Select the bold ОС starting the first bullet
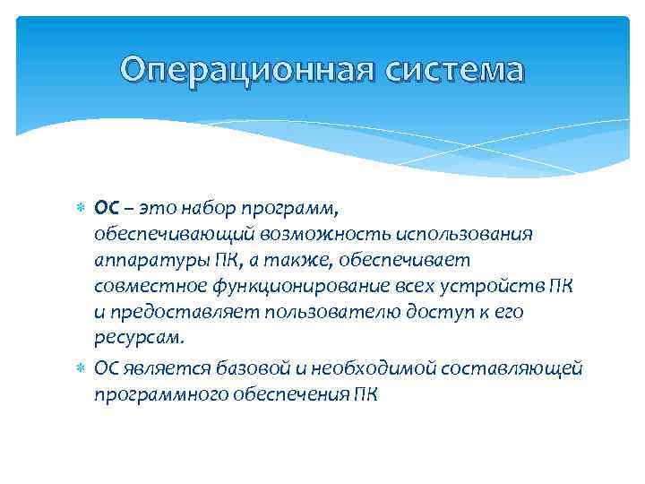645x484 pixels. tap(107, 209)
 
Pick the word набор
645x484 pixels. tap(211, 209)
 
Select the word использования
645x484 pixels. tap(457, 235)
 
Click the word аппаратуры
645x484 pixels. tap(147, 261)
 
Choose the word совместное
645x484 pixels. tap(145, 287)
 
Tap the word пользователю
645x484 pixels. tap(297, 313)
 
